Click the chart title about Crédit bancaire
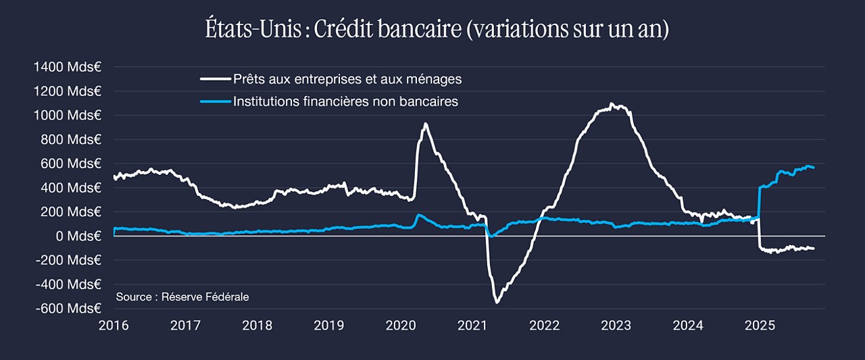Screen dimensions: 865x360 pyautogui.click(x=437, y=29)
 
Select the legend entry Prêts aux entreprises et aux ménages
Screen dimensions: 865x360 pyautogui.click(x=347, y=79)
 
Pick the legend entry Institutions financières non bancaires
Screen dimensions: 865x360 pyautogui.click(x=345, y=101)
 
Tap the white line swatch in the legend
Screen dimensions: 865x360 pyautogui.click(x=216, y=79)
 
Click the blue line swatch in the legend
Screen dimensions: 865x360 pyautogui.click(x=216, y=101)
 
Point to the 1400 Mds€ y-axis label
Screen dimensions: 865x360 pyautogui.click(x=68, y=67)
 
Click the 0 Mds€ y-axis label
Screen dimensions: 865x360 pyautogui.click(x=78, y=236)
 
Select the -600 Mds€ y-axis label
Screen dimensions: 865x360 pyautogui.click(x=68, y=308)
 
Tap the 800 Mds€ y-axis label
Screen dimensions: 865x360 pyautogui.click(x=71, y=139)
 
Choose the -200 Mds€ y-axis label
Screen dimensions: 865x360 pyautogui.click(x=68, y=260)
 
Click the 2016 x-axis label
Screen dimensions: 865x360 pyautogui.click(x=114, y=326)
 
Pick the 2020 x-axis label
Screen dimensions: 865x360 pyautogui.click(x=401, y=326)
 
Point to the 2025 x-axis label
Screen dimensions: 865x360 pyautogui.click(x=760, y=326)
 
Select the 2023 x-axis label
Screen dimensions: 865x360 pyautogui.click(x=616, y=326)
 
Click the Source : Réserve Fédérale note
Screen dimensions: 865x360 pyautogui.click(x=182, y=297)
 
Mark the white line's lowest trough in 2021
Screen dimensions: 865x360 pyautogui.click(x=497, y=303)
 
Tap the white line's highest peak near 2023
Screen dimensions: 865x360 pyautogui.click(x=610, y=103)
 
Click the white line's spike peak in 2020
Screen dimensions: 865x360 pyautogui.click(x=425, y=124)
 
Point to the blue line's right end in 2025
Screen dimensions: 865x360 pyautogui.click(x=814, y=168)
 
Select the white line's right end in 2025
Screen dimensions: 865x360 pyautogui.click(x=814, y=249)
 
